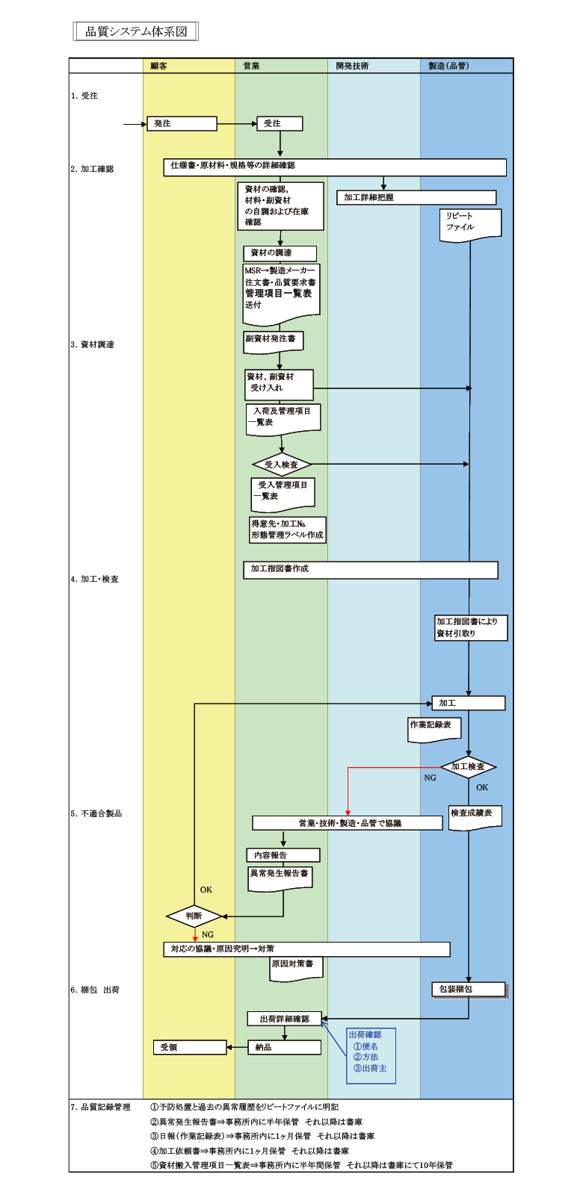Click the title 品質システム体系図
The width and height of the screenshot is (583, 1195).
[x=136, y=31]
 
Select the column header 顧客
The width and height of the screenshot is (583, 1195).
[x=158, y=66]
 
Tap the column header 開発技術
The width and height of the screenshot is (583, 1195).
[x=352, y=66]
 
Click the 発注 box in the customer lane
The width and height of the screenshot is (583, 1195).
[x=182, y=123]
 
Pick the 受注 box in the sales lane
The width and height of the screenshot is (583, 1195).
[x=280, y=123]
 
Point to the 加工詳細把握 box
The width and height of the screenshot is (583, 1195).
[x=416, y=197]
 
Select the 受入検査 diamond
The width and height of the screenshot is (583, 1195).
[x=281, y=465]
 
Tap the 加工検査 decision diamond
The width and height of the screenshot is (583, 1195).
[x=468, y=766]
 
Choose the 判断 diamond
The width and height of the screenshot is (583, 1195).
[x=194, y=916]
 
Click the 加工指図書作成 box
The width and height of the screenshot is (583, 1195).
[x=370, y=569]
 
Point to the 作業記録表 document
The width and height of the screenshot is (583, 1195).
[x=434, y=728]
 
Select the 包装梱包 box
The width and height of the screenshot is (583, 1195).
[x=469, y=989]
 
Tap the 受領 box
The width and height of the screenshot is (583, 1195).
[x=190, y=1047]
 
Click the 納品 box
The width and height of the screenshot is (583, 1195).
[x=284, y=1047]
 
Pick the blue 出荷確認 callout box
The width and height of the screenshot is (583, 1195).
[x=371, y=1055]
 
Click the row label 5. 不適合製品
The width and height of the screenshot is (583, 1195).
[x=96, y=813]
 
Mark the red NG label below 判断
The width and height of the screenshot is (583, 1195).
[x=208, y=934]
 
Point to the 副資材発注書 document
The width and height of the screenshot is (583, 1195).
[x=273, y=341]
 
